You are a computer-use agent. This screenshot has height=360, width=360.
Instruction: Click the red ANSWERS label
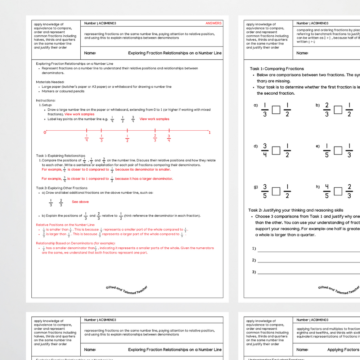point(213,23)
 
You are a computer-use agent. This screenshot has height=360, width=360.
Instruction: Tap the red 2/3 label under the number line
point(155,138)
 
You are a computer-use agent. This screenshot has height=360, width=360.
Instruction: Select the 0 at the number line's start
point(45,132)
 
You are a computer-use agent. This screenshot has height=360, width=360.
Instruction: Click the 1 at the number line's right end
point(210,132)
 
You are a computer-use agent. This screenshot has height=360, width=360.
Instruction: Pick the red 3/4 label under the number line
point(168,138)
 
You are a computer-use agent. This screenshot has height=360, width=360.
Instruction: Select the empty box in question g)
point(276,192)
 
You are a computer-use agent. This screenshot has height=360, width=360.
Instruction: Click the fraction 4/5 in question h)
point(327,192)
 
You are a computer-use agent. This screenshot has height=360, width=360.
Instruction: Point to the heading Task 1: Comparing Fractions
point(277,69)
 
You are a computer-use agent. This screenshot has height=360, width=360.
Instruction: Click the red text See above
point(80,202)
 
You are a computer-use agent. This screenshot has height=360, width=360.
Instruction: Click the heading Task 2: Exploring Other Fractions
point(62,188)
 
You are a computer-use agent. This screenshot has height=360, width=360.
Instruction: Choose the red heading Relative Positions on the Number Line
point(66,225)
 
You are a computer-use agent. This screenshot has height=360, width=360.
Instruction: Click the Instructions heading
point(46,100)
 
